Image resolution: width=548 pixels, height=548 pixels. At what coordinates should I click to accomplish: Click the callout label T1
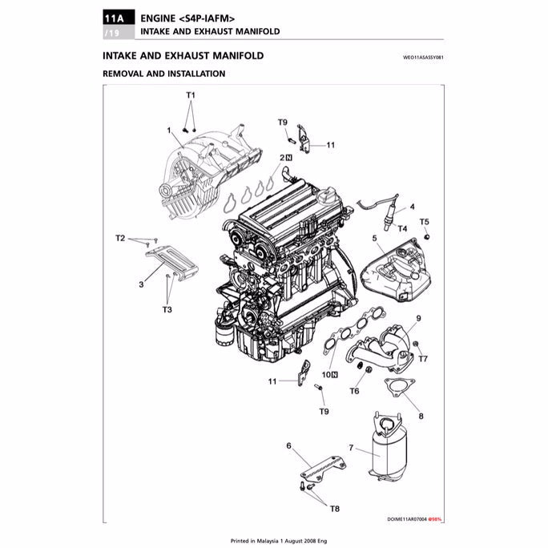pyautogui.click(x=191, y=95)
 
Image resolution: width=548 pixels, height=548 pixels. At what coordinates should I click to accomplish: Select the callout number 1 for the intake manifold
pyautogui.click(x=170, y=131)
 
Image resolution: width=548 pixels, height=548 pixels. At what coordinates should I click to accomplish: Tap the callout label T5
pyautogui.click(x=425, y=221)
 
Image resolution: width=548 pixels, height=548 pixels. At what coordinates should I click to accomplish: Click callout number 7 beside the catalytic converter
pyautogui.click(x=351, y=447)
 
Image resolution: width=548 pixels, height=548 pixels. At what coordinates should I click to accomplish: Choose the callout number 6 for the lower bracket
pyautogui.click(x=288, y=445)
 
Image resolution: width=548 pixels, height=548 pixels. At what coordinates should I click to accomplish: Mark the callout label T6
pyautogui.click(x=354, y=391)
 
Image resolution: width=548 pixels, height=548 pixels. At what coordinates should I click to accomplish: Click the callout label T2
pyautogui.click(x=120, y=238)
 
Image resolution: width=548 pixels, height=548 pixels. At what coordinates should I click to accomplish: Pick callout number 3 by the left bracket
pyautogui.click(x=141, y=284)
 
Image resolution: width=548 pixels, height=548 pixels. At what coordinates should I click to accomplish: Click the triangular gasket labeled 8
pyautogui.click(x=397, y=388)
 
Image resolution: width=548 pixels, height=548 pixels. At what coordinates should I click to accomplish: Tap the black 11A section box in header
pyautogui.click(x=115, y=18)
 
